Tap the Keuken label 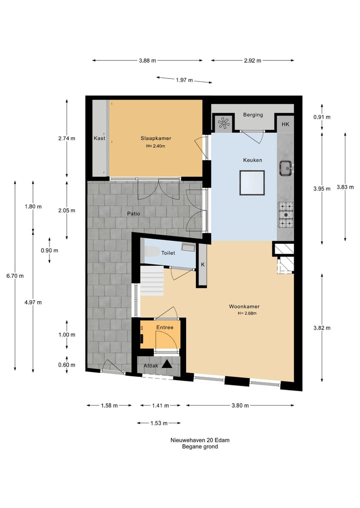(252, 160)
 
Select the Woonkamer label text (244, 306)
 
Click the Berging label (253, 115)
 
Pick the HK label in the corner (285, 124)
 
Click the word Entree (164, 328)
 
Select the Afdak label (151, 366)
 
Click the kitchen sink (286, 168)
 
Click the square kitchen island (251, 183)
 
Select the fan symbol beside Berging (223, 122)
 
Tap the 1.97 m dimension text (184, 80)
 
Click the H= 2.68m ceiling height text (247, 314)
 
